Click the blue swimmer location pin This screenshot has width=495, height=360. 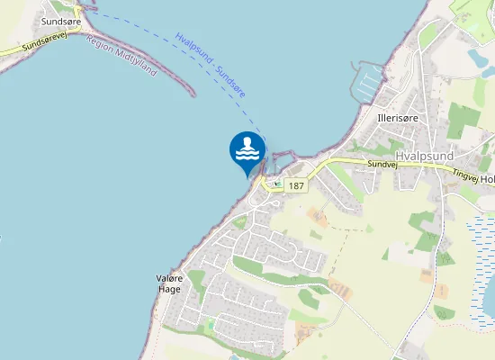[247, 150]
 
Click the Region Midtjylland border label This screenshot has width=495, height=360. [122, 56]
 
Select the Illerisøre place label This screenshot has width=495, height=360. [396, 118]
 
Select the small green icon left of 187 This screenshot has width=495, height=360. [277, 184]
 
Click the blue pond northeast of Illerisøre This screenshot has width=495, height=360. [477, 58]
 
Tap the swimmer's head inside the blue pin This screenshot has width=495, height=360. [247, 141]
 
